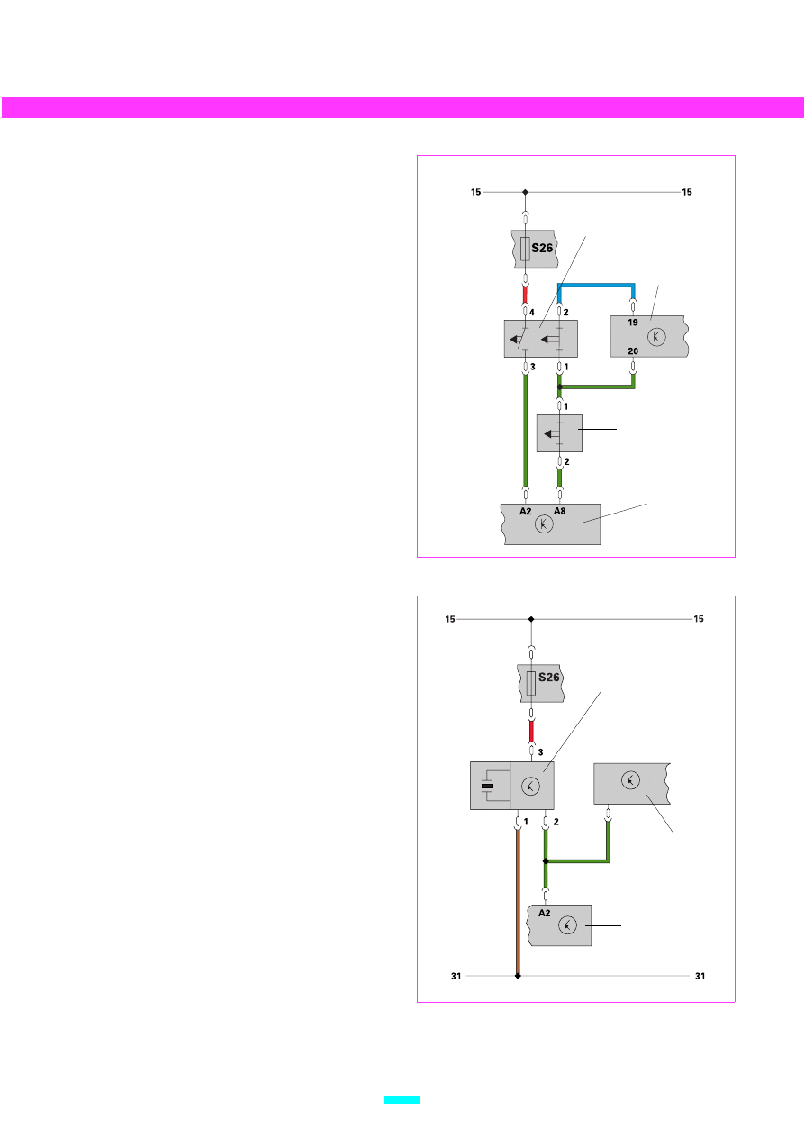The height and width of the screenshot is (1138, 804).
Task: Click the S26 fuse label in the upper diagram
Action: pos(542,248)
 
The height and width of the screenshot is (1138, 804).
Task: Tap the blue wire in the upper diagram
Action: pos(596,286)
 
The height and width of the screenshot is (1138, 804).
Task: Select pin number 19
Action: pos(632,322)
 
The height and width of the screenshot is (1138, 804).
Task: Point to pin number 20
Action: pos(633,351)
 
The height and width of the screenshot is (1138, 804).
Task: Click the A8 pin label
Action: pos(559,511)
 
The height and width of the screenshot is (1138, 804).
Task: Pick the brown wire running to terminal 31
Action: pos(518,901)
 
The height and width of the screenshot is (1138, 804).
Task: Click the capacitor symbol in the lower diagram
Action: pos(487,786)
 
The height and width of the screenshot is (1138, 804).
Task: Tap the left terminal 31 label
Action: pos(456,976)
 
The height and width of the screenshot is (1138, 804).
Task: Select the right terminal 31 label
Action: pos(700,976)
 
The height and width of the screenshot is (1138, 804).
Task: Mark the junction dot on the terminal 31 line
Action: pos(518,976)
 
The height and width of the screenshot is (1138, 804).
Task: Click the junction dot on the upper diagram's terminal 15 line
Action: pos(525,192)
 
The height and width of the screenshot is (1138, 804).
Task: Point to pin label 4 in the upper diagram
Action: pos(532,313)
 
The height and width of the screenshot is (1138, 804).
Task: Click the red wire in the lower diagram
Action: pos(531,731)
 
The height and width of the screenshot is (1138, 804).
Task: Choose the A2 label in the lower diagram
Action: pos(544,913)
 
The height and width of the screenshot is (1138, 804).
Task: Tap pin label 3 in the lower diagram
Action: pos(540,751)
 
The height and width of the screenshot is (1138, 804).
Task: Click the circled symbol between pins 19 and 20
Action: pos(656,337)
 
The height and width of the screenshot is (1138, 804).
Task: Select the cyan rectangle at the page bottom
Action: pos(402,1100)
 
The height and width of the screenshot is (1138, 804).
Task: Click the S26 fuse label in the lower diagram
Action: pos(548,678)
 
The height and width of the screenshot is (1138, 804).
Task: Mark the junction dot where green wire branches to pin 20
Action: pos(560,387)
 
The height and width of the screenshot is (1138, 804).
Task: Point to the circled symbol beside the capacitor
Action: pos(530,787)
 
